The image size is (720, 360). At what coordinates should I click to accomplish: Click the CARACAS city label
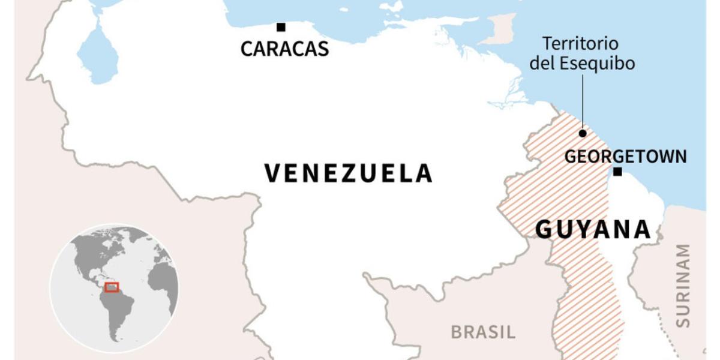point(284,49)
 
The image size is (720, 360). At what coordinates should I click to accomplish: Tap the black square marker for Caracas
point(280,27)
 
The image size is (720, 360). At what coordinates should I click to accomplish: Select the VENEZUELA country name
point(348,173)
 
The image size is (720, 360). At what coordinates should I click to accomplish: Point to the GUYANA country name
point(593,229)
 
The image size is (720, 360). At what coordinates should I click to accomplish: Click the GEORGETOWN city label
point(625,157)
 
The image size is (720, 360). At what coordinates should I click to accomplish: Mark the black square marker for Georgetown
point(617,172)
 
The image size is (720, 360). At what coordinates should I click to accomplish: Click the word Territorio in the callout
point(580,44)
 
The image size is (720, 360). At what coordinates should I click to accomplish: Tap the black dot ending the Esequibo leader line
point(582,133)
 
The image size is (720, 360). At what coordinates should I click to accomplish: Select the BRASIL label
point(483,332)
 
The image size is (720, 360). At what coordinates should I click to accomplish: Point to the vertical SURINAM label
point(683,285)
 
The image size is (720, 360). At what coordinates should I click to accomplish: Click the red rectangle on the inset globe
point(112,287)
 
